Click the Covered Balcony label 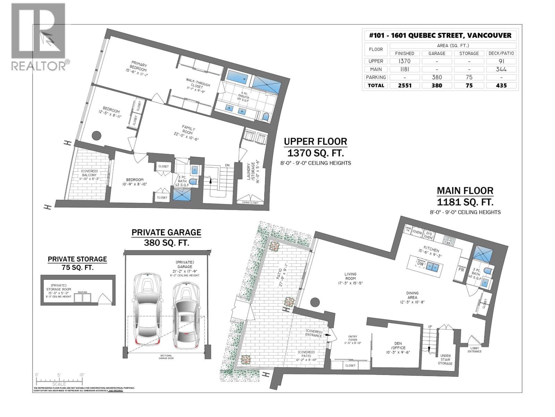(x=89, y=175)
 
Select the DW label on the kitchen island (x=420, y=263)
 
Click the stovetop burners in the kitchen (x=450, y=239)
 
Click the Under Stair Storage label (x=445, y=359)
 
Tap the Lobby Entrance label (x=475, y=350)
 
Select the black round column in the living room (x=315, y=302)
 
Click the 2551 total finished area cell (x=404, y=85)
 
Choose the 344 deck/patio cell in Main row (x=501, y=69)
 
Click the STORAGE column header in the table (x=469, y=53)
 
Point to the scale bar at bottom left (x=59, y=380)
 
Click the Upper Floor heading (x=315, y=142)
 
